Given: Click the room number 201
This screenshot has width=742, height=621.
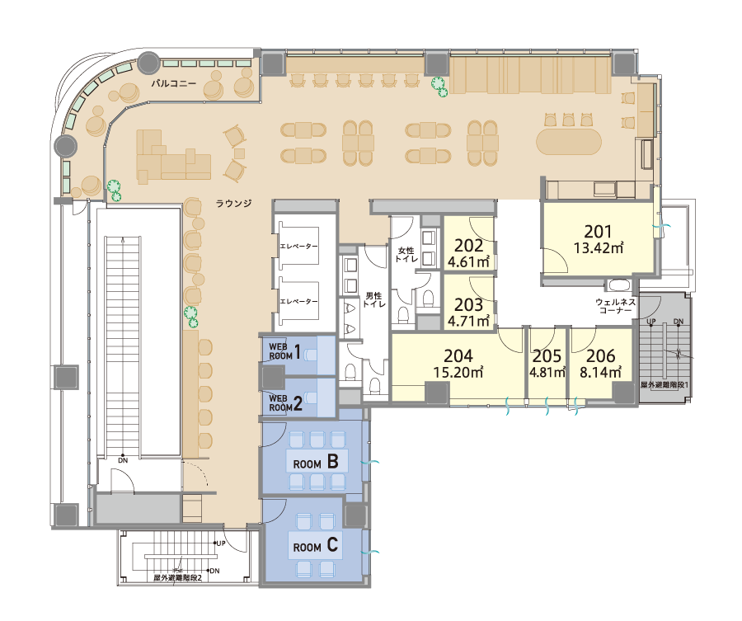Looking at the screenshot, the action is (x=598, y=232).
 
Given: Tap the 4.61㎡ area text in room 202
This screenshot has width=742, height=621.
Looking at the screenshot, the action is (x=468, y=261).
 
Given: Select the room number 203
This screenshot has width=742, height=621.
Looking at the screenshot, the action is (x=468, y=304).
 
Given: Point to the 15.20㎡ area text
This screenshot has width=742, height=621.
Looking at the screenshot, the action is (x=458, y=372).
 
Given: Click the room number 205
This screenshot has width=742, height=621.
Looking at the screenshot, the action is (x=547, y=356).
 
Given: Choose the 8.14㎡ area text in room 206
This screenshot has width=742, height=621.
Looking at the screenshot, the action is (x=600, y=372).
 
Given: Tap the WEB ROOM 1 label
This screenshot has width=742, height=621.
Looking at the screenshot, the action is (x=285, y=351).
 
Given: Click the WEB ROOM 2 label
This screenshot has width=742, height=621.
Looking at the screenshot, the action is (x=285, y=402).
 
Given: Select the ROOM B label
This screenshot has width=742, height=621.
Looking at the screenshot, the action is (x=316, y=462).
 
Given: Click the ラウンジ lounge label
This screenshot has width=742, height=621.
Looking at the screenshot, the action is (x=234, y=204).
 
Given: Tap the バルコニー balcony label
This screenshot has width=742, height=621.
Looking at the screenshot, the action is (x=174, y=84).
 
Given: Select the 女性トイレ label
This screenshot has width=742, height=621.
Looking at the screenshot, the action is (x=406, y=255).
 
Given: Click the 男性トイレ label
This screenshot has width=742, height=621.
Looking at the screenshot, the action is (x=373, y=300).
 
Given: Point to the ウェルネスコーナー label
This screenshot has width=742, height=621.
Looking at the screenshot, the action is (x=615, y=306).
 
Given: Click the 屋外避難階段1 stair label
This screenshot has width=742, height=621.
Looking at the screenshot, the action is (x=665, y=385).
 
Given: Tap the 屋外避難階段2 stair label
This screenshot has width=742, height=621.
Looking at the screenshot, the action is (x=178, y=578).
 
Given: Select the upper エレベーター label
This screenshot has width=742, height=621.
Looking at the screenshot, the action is (x=299, y=246).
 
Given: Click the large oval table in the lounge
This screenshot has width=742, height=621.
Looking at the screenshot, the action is (x=569, y=142).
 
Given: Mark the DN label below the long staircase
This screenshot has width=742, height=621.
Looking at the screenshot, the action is (x=123, y=460).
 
